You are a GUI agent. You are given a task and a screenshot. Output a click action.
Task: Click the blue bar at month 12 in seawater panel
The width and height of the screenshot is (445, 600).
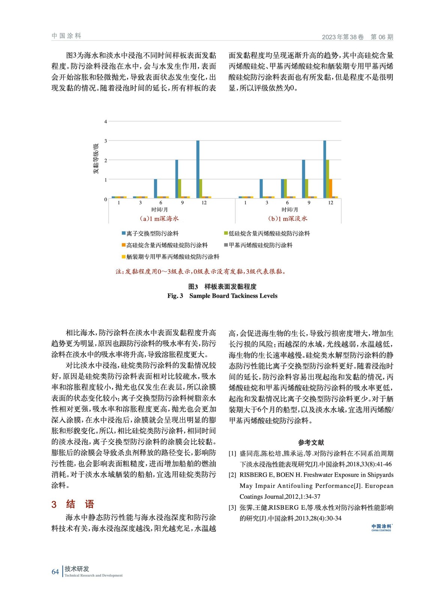tap(198, 169)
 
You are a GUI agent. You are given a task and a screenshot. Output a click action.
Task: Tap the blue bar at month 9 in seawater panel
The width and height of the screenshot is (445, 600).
tap(177, 179)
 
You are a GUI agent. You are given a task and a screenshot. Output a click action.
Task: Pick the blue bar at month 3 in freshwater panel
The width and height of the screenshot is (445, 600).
tap(261, 188)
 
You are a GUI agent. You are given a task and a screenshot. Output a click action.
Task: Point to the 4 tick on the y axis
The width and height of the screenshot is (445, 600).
tap(106, 121)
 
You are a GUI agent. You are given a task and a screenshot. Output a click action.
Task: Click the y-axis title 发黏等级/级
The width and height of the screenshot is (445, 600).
tap(96, 159)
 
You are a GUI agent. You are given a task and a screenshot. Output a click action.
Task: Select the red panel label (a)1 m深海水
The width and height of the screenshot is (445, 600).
tap(159, 219)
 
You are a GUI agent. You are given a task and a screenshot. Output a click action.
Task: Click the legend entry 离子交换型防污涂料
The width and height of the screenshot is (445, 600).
tap(150, 234)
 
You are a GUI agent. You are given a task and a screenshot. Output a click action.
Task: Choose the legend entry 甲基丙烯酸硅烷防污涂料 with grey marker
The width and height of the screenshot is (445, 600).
tap(258, 245)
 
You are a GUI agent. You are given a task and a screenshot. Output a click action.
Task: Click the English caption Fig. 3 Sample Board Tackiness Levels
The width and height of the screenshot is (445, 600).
tap(222, 296)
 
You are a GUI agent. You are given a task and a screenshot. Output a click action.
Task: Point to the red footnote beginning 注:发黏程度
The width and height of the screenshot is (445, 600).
tap(201, 271)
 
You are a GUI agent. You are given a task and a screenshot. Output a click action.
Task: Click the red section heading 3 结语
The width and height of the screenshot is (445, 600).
tap(73, 504)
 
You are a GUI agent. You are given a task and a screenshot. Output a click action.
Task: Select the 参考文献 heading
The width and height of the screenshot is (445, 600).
tap(311, 442)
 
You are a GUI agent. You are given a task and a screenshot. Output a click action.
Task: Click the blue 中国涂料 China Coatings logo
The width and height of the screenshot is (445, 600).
tap(381, 528)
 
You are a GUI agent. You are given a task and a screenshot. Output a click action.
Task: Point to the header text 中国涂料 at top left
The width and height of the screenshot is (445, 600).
tap(66, 36)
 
